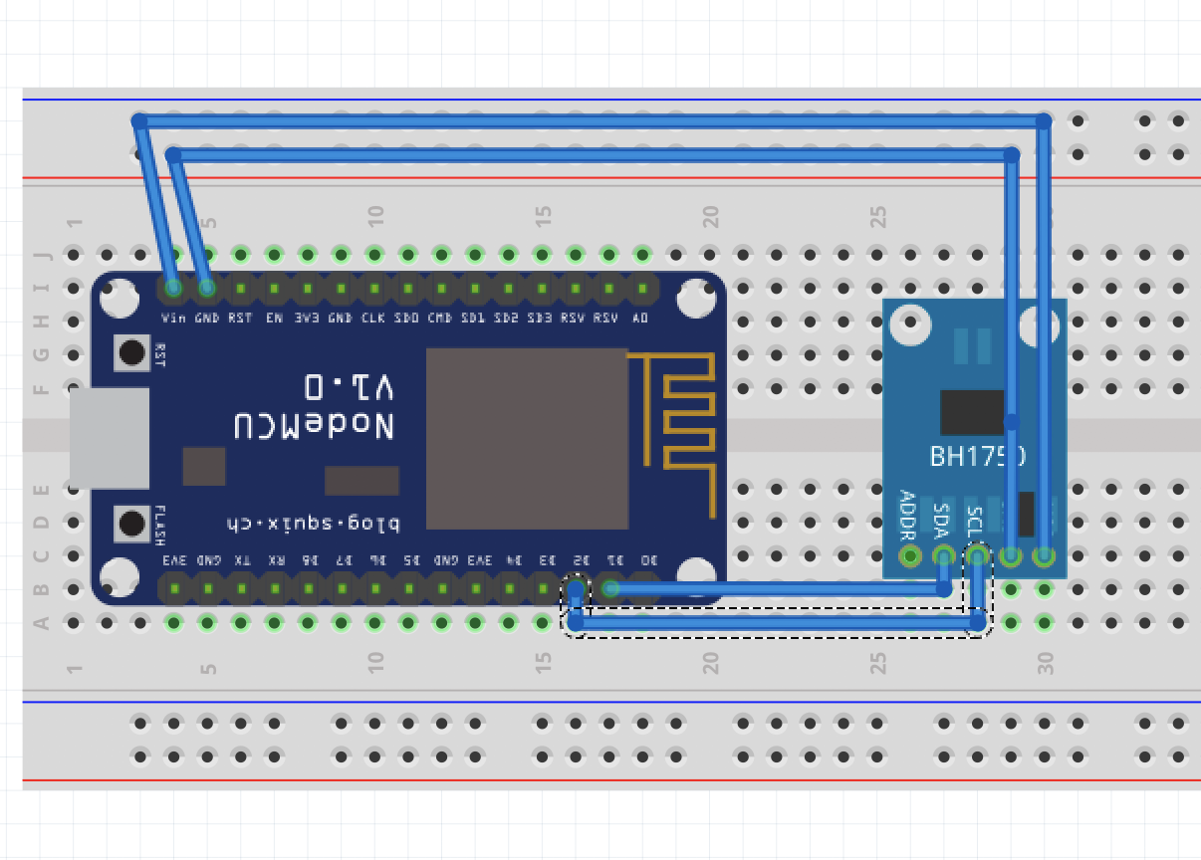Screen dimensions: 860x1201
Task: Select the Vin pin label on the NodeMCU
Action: tap(172, 319)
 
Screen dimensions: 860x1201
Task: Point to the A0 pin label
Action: tap(640, 319)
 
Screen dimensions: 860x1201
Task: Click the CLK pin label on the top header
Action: tap(373, 319)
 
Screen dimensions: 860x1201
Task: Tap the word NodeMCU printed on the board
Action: tap(315, 426)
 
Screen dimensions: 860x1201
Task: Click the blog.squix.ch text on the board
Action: tap(313, 524)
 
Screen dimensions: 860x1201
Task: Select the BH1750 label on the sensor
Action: tap(976, 456)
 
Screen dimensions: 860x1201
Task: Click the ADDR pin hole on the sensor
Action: tap(909, 555)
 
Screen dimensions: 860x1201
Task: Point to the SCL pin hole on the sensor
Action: tap(977, 555)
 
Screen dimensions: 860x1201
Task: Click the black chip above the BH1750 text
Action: tap(972, 412)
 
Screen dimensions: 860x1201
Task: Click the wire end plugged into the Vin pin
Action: tap(173, 288)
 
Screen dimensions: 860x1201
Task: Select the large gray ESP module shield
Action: tap(527, 438)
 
